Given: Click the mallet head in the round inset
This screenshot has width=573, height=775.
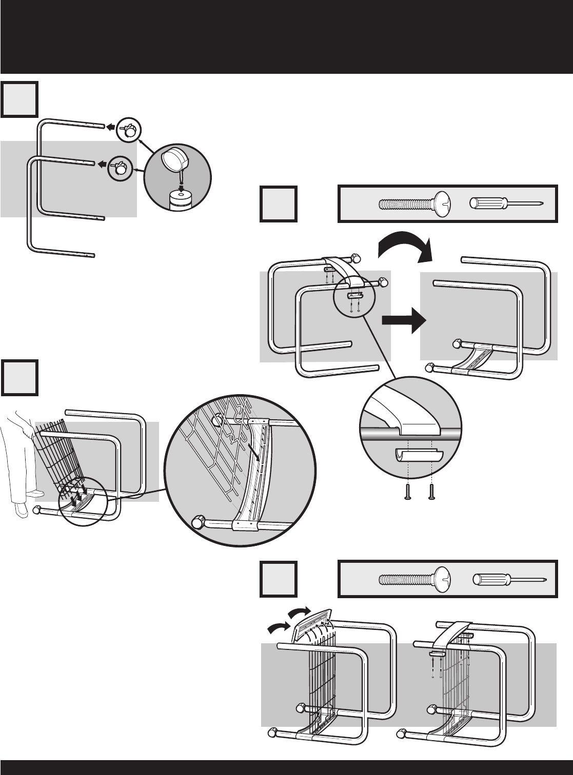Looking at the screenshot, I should [173, 161].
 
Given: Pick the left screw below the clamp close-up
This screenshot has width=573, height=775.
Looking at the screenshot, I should [408, 491].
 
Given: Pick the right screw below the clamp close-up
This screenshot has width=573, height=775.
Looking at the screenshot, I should [432, 491].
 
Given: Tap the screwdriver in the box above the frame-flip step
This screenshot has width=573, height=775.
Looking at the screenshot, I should [506, 203].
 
